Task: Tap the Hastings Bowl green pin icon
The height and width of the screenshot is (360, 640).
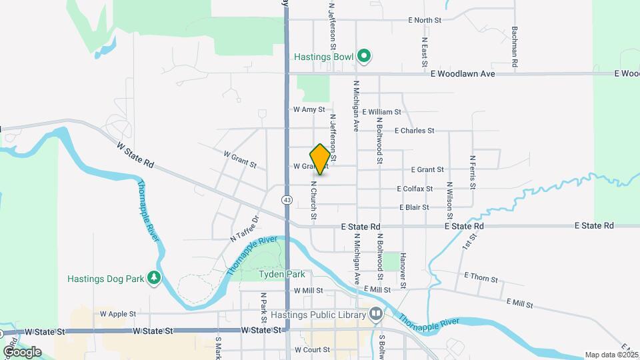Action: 363,57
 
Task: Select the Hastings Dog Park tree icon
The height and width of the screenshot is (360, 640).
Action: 155,277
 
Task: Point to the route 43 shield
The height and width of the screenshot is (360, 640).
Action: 287,199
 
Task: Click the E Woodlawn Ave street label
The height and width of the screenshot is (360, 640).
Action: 463,74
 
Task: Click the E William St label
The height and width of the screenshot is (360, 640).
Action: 381,112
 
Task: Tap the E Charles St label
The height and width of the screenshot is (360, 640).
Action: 414,131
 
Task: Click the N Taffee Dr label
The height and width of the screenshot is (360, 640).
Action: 244,229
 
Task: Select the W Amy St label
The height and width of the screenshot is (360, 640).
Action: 309,109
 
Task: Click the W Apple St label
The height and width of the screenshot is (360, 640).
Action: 117,313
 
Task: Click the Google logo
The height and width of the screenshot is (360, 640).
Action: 22,351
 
